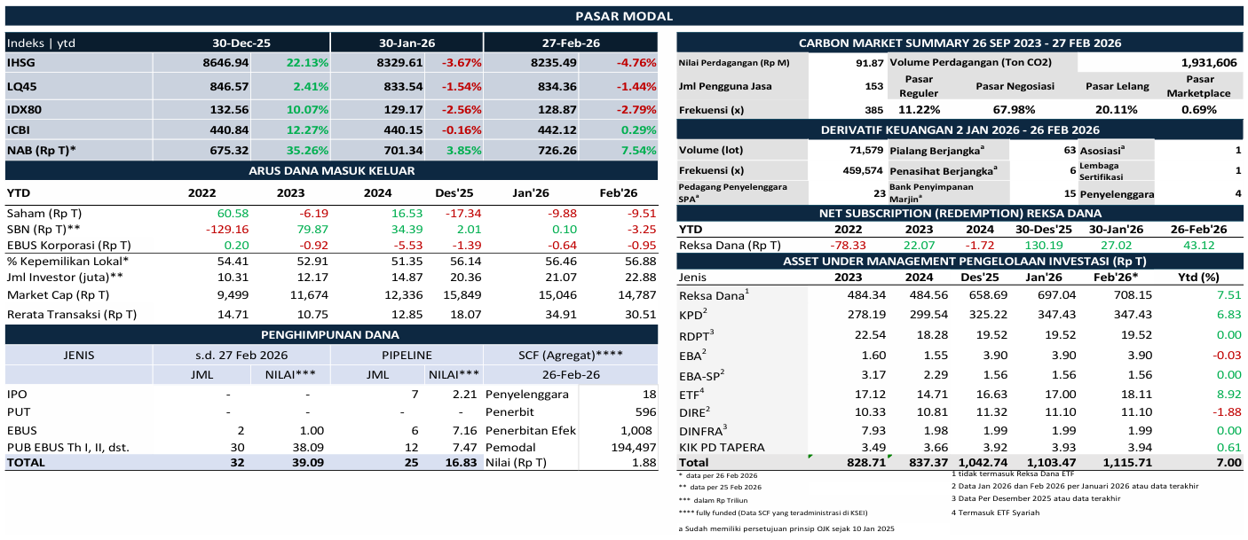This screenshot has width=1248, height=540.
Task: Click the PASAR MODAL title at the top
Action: (x=623, y=16)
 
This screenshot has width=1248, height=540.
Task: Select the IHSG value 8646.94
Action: (x=225, y=63)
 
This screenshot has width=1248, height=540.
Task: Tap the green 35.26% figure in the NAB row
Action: (x=307, y=151)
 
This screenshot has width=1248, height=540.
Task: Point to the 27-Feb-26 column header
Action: (x=571, y=43)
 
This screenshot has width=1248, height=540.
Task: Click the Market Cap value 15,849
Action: (x=458, y=295)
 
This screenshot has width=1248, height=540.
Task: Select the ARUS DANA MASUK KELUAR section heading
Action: (x=330, y=170)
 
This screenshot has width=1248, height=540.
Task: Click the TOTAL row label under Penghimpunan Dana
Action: (x=28, y=462)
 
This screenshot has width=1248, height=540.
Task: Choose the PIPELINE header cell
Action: (x=407, y=353)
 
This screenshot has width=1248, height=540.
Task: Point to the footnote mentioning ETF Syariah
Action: (x=995, y=513)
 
